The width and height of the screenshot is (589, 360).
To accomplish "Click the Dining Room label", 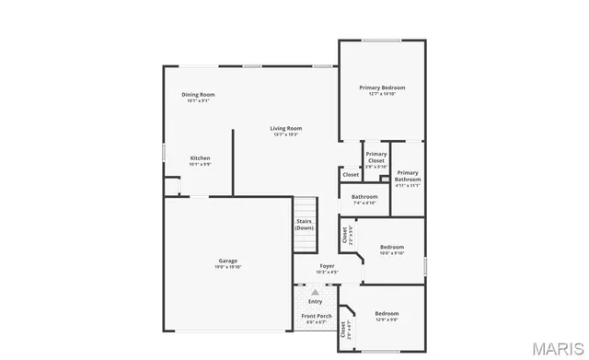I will (x=198, y=95).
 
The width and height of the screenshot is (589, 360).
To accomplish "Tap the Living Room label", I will (x=286, y=128).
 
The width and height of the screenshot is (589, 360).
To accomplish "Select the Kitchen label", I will (x=200, y=158).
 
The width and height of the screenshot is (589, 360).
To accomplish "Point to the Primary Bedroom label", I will (x=382, y=87).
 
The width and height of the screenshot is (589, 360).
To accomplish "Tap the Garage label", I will (x=228, y=261).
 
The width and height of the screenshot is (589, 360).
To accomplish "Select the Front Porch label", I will (x=316, y=317).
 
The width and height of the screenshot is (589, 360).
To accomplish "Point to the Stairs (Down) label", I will (x=305, y=225).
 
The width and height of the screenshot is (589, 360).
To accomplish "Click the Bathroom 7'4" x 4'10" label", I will (x=364, y=196).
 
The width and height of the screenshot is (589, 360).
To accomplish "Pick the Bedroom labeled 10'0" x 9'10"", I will (x=392, y=247).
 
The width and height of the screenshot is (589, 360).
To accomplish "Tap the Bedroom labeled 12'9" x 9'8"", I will (x=387, y=314).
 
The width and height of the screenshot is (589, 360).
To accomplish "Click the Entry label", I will (x=315, y=301).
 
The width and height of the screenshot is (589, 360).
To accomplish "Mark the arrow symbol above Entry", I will (x=315, y=292).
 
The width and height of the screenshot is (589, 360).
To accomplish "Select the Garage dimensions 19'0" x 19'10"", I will (x=228, y=267).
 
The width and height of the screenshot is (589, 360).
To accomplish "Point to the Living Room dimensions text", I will (x=286, y=134).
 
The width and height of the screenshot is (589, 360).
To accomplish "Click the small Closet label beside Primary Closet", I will (x=351, y=175).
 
